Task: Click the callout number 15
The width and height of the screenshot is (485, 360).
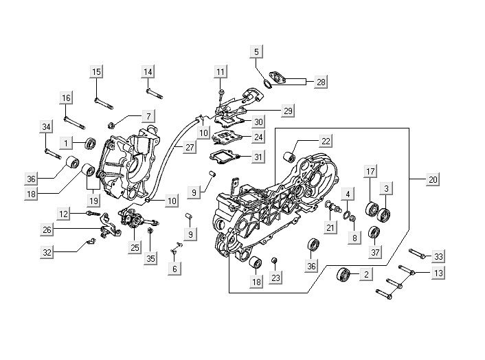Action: point(96,72)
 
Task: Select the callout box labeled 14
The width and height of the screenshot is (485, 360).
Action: point(148,72)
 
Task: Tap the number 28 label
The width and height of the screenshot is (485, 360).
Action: point(322,82)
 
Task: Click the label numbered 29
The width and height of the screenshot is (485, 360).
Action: point(288,110)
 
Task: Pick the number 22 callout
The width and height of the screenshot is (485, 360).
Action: point(326,141)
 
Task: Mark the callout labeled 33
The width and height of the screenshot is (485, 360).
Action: point(438,256)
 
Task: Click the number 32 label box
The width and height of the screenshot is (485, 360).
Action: point(47,252)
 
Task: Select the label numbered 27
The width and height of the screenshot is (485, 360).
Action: point(189,147)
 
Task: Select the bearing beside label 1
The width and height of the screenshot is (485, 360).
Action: point(90,144)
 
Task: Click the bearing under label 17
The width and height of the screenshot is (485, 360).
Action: point(371,208)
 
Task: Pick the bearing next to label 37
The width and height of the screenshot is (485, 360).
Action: point(374,232)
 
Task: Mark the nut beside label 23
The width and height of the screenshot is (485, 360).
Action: point(275,260)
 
